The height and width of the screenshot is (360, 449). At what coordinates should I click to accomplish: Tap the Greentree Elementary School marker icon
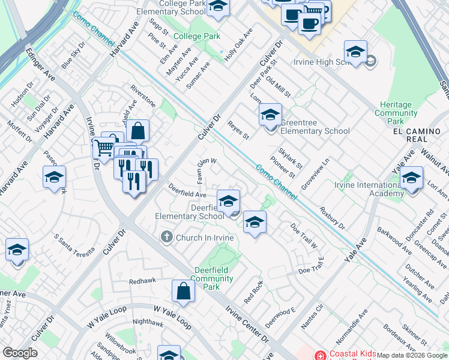(270, 114)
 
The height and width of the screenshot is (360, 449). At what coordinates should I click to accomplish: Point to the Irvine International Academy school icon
(411, 178)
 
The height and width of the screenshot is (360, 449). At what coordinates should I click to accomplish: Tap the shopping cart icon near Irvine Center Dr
(104, 146)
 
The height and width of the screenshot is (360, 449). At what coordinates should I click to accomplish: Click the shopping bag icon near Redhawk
(183, 291)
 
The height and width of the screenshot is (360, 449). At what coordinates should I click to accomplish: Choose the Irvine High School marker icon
(355, 52)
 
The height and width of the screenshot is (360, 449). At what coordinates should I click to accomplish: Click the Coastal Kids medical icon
(320, 355)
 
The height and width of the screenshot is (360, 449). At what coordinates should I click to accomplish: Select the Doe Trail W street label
(304, 236)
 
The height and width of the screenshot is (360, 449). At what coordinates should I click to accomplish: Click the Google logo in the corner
(20, 353)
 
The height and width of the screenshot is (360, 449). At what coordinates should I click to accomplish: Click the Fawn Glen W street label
(206, 164)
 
